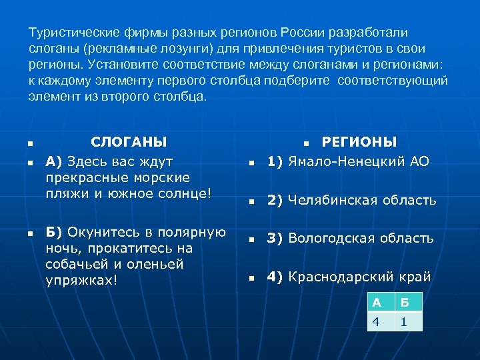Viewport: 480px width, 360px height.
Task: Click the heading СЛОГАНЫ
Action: pos(129,141)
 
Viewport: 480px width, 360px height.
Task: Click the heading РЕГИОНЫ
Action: pos(359,141)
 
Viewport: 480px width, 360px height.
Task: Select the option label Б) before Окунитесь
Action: pos(54,233)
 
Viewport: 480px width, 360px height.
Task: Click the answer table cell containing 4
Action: pos(377,321)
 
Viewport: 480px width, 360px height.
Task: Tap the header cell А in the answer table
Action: pos(377,302)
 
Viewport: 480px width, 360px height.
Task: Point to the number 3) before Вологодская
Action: pos(276,238)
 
